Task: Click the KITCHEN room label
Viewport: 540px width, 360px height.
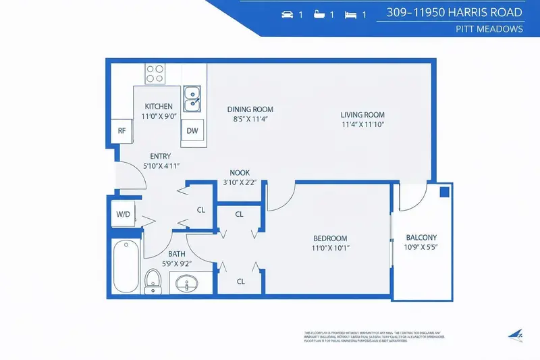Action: (159, 106)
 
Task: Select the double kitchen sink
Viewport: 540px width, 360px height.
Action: (192, 97)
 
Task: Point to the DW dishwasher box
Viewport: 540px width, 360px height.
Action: (192, 131)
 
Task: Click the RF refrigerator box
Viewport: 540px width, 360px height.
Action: (122, 131)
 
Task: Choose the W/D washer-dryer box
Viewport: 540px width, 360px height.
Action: (124, 214)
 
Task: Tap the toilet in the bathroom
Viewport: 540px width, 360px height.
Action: (153, 280)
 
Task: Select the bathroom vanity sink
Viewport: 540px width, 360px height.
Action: (186, 284)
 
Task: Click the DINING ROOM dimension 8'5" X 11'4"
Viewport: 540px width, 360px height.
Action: (250, 120)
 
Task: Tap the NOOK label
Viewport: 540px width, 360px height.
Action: (240, 172)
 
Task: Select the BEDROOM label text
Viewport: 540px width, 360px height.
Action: (330, 238)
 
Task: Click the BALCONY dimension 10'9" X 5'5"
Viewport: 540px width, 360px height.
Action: (421, 248)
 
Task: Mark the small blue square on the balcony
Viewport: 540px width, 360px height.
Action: (444, 192)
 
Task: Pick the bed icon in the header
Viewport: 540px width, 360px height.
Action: (350, 14)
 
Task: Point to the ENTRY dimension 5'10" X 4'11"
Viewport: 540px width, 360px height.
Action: (161, 165)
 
